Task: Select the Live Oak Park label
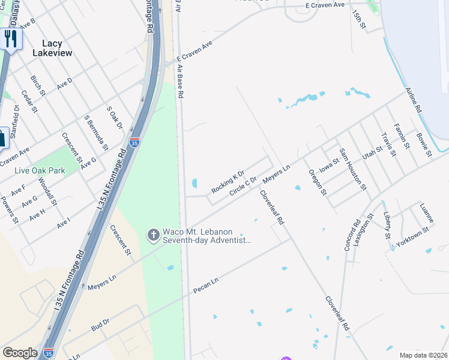40,171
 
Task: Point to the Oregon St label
317,182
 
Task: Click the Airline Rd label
414,100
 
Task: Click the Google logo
20,353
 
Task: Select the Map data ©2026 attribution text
423,355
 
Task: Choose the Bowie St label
424,145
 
